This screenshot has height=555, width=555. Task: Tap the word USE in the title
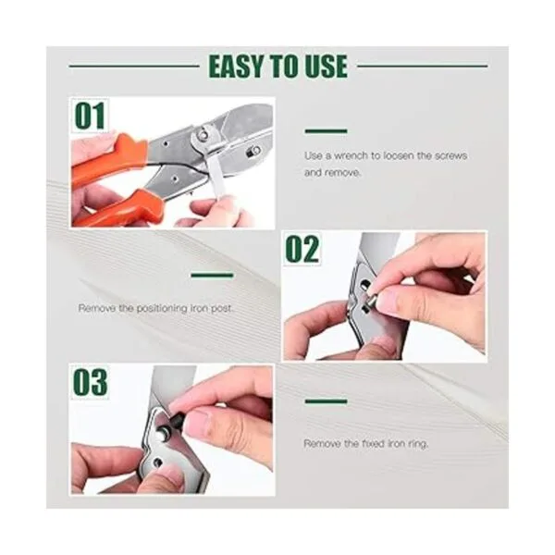[326, 67]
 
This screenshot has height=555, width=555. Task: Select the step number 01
[90, 116]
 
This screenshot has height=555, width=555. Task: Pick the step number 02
[302, 249]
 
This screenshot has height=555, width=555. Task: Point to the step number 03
[90, 382]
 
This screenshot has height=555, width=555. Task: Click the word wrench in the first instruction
[351, 155]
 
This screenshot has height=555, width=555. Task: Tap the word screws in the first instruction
[450, 155]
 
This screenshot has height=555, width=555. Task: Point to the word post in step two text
[222, 309]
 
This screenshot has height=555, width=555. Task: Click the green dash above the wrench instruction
[326, 131]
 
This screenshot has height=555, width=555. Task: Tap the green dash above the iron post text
[213, 275]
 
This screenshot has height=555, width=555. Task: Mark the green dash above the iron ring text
[326, 401]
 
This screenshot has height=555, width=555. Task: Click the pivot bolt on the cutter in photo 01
[203, 134]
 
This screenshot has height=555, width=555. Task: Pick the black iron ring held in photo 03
[177, 418]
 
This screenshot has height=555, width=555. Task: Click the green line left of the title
[134, 66]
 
